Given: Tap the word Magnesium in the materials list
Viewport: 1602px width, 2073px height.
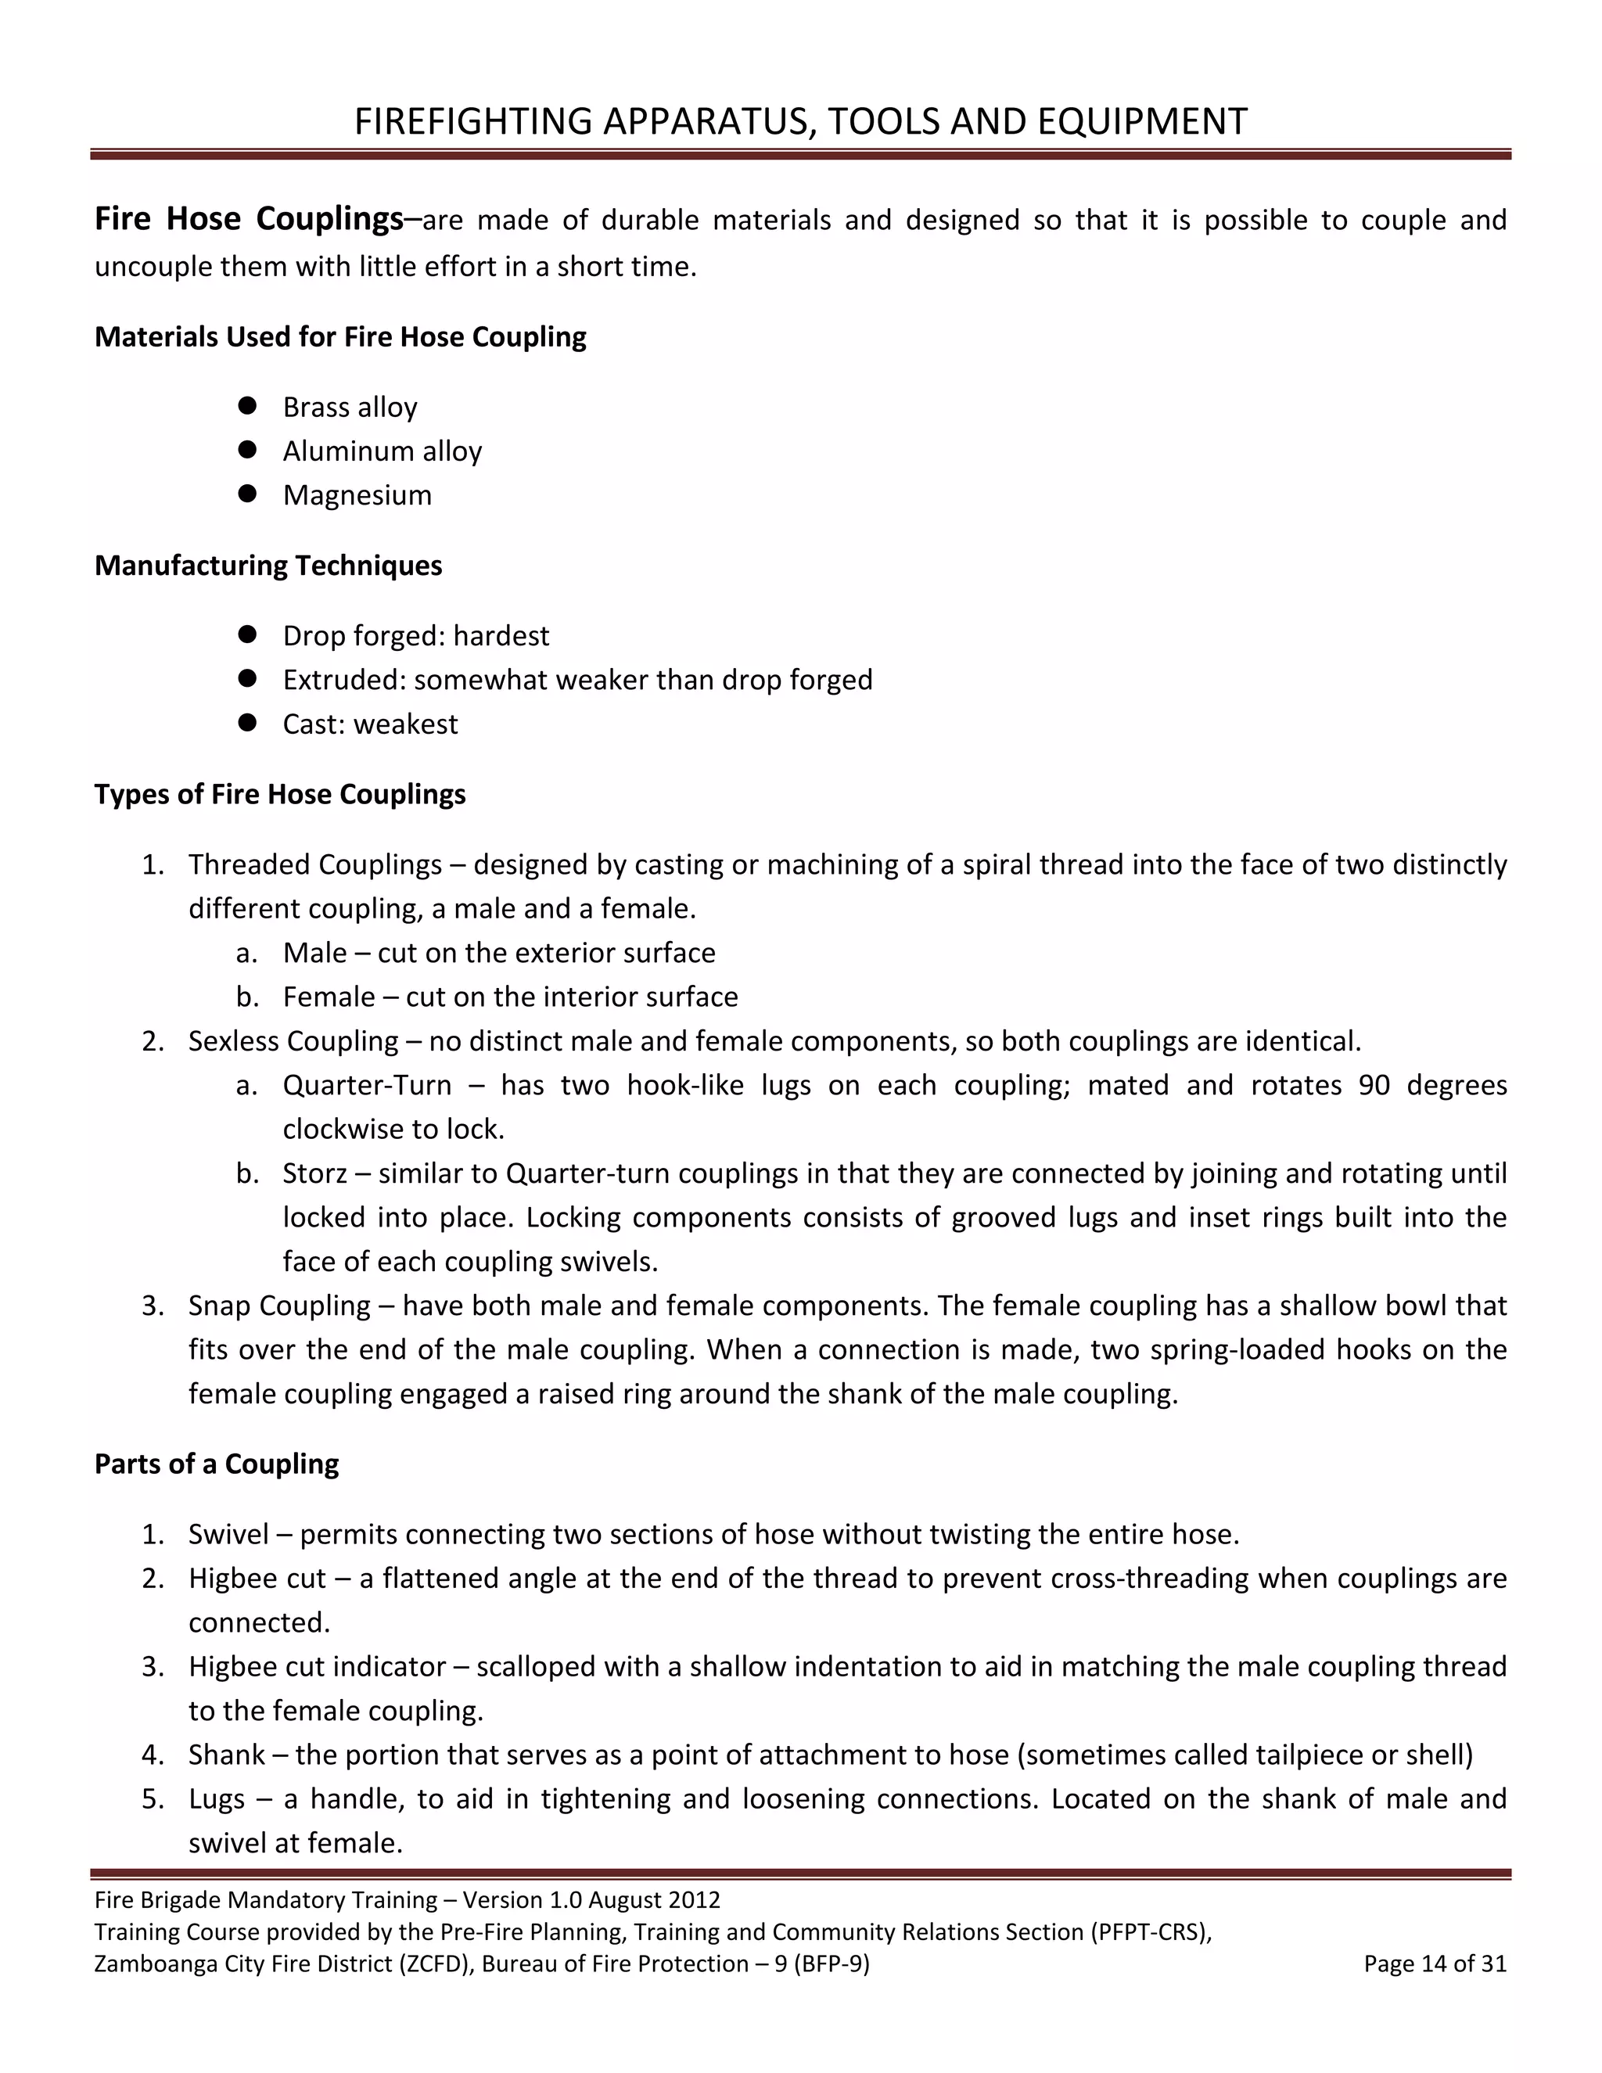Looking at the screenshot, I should click(357, 495).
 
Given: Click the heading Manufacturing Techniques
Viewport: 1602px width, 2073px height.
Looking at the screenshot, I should click(268, 566).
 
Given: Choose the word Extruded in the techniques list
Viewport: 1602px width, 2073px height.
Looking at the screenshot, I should click(344, 680).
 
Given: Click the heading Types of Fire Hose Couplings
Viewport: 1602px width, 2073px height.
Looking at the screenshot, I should click(280, 795).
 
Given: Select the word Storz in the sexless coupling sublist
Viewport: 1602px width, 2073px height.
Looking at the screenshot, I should click(315, 1174).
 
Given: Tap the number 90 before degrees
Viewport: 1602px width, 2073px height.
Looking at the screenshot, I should click(1374, 1085).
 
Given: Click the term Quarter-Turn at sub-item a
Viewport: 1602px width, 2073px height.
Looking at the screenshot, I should click(368, 1085).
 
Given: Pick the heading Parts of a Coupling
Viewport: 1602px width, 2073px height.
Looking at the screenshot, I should click(217, 1464).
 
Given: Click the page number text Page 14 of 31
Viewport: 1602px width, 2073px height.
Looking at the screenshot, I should click(1435, 1963).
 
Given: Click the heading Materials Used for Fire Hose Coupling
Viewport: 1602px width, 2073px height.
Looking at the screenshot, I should click(339, 337).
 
